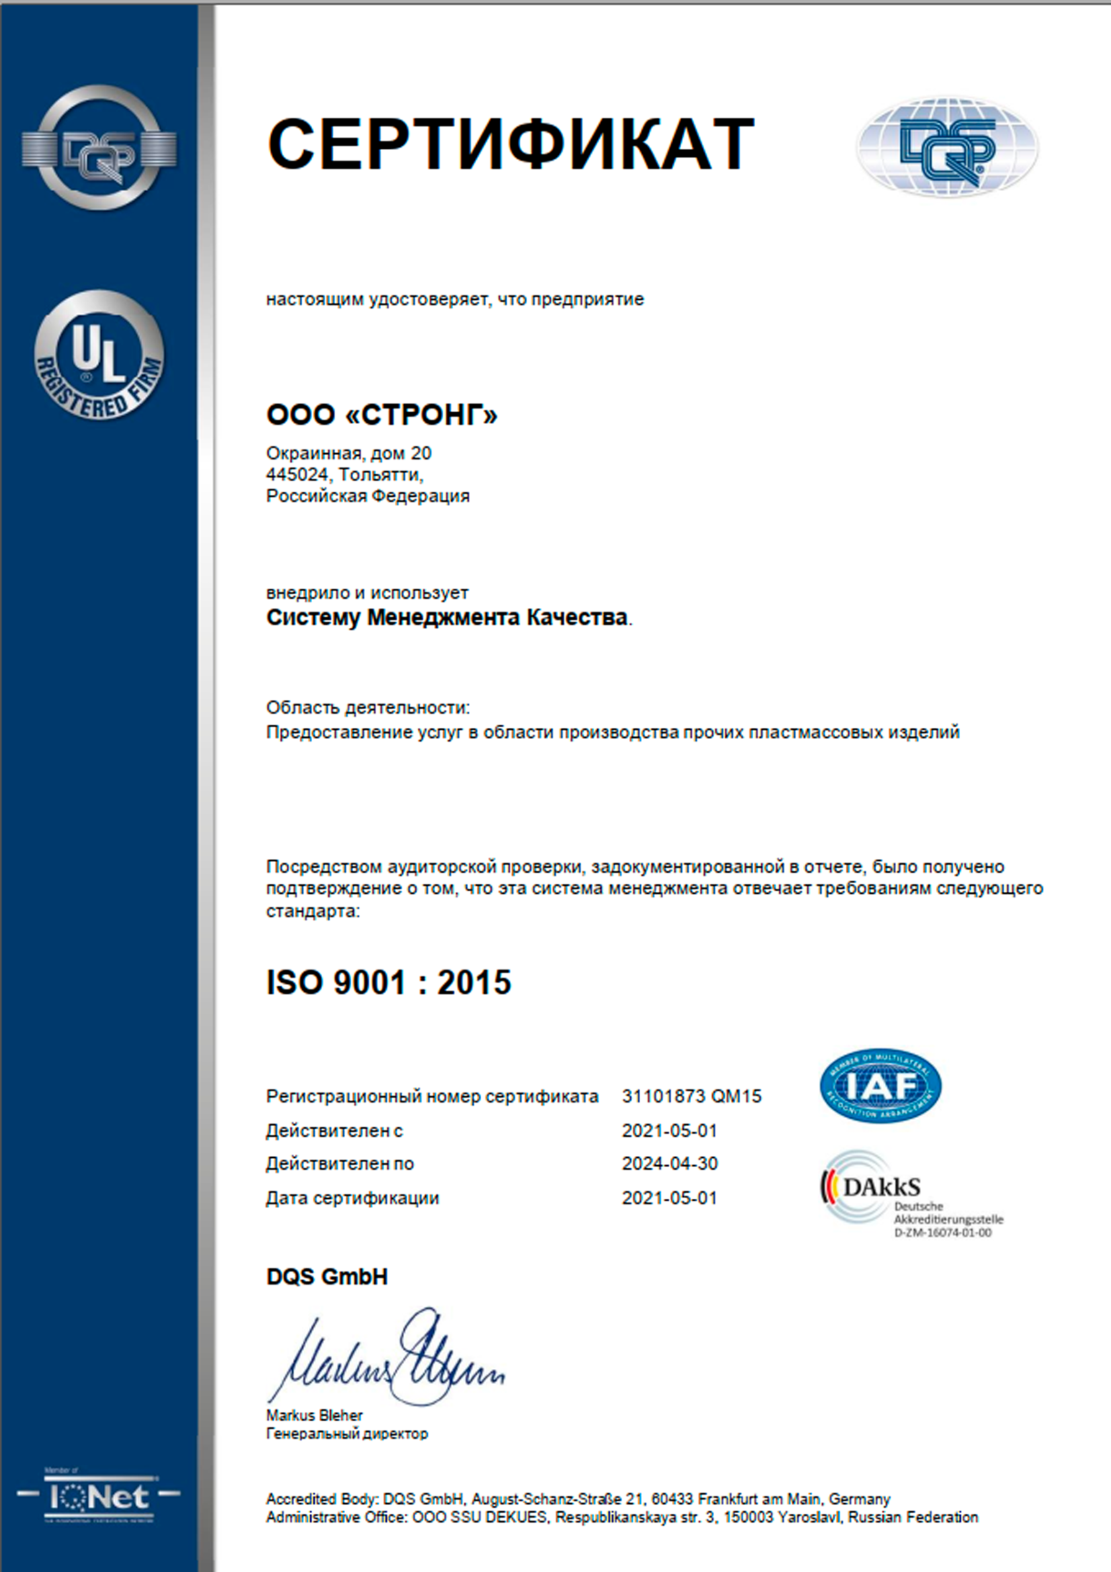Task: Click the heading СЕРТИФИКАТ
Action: click(x=510, y=145)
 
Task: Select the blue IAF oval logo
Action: click(x=880, y=1086)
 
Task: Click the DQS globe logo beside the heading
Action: click(x=948, y=147)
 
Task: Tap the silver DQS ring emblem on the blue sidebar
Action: click(x=99, y=147)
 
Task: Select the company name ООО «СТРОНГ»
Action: click(x=382, y=415)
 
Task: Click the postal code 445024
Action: click(x=297, y=474)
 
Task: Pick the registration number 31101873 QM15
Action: click(x=691, y=1096)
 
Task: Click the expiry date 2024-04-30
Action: click(x=669, y=1163)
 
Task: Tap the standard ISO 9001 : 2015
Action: click(x=388, y=983)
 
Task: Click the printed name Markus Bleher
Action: click(x=314, y=1415)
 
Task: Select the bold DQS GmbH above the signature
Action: click(x=327, y=1277)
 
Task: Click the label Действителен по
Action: click(x=339, y=1164)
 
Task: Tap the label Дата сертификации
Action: click(x=352, y=1198)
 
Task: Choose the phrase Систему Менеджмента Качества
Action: click(x=446, y=617)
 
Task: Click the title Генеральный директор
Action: click(x=347, y=1433)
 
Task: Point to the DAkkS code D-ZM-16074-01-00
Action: click(x=942, y=1233)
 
